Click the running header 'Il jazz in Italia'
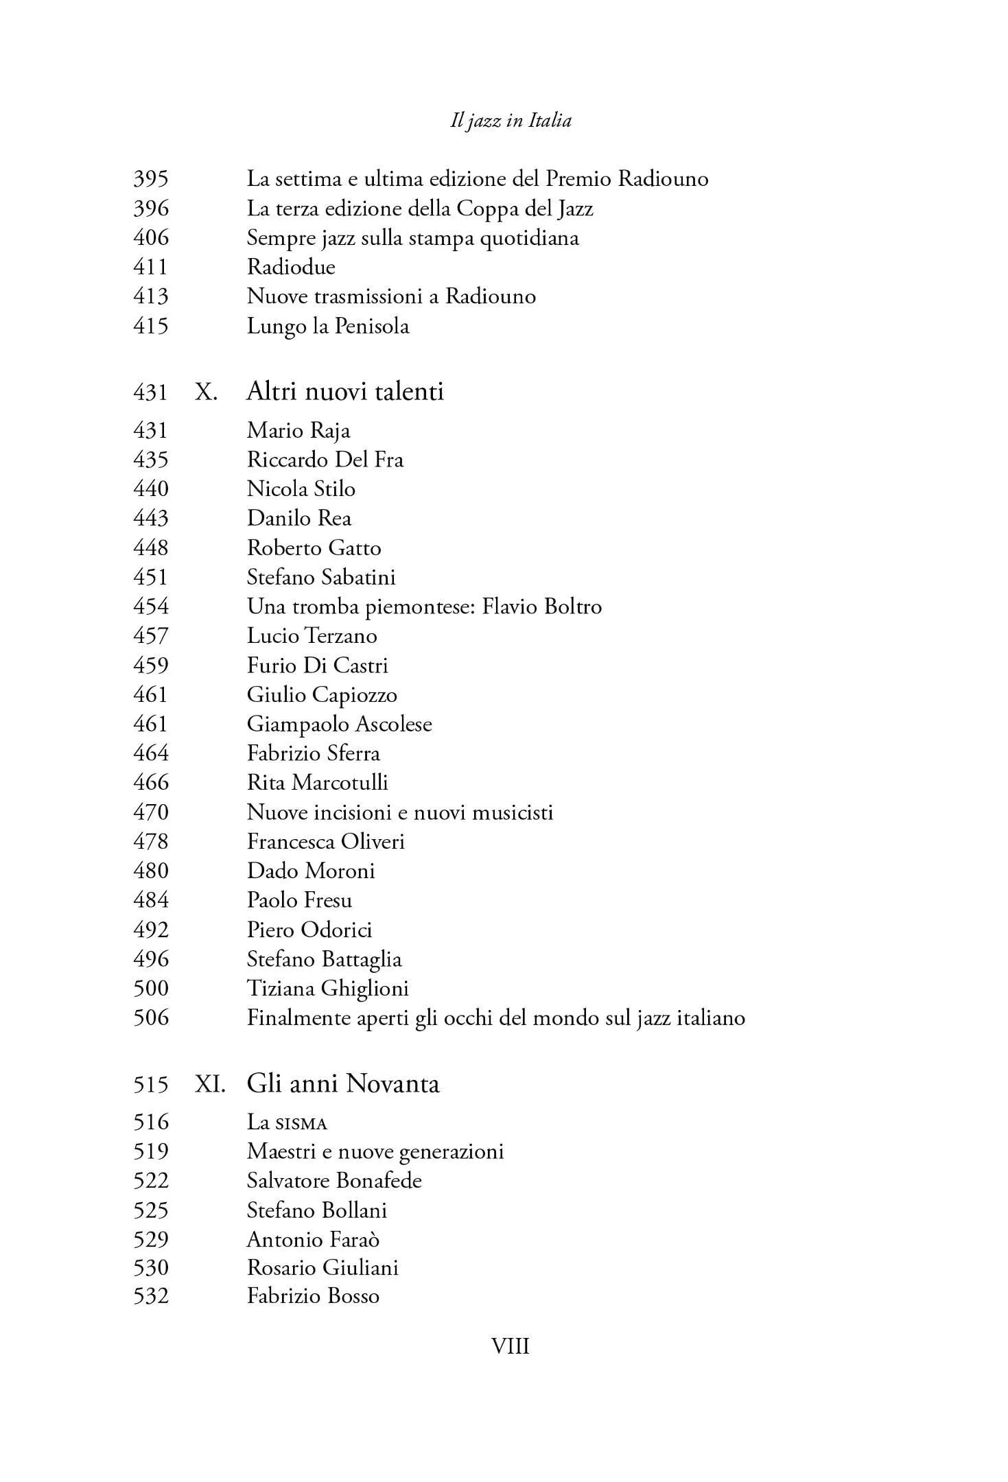[x=511, y=121]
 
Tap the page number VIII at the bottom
[x=511, y=1347]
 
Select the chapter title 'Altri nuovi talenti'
[x=345, y=392]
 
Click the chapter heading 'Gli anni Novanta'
[x=343, y=1084]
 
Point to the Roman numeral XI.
[x=210, y=1084]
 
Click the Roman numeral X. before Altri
[x=207, y=392]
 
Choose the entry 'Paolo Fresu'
[x=299, y=900]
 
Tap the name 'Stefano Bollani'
[x=317, y=1210]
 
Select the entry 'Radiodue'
[x=291, y=267]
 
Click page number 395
[x=150, y=179]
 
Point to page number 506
[x=150, y=1018]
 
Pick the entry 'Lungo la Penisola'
[x=328, y=326]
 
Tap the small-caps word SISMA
[x=301, y=1124]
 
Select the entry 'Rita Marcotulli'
[x=318, y=783]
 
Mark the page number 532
[x=150, y=1296]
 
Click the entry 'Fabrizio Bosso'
[x=313, y=1296]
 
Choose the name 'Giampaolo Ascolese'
[x=340, y=725]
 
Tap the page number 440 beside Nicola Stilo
[x=150, y=489]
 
